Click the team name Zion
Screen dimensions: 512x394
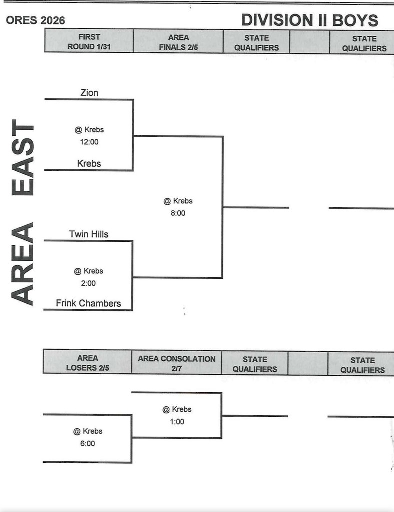click(x=89, y=93)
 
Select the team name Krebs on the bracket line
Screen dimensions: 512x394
click(x=89, y=164)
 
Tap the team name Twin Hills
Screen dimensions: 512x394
click(x=89, y=234)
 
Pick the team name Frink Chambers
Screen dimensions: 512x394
click(x=88, y=303)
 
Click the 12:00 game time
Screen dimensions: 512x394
click(x=89, y=142)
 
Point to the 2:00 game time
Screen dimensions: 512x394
click(x=88, y=283)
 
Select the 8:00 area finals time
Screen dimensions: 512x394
click(x=178, y=213)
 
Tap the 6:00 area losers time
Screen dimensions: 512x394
click(x=88, y=443)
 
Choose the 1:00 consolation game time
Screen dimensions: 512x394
click(x=177, y=421)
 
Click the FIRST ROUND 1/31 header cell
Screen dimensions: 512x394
click(x=89, y=41)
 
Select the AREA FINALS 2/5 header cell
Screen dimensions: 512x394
click(x=178, y=42)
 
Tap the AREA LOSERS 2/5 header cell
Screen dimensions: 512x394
click(x=88, y=363)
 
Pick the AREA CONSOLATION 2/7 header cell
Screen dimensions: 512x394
click(x=177, y=363)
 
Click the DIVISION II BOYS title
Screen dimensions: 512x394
click(x=310, y=20)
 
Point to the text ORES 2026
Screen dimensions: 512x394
click(x=35, y=21)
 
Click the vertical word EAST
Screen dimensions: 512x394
click(x=23, y=157)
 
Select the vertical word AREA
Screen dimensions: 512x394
click(x=23, y=264)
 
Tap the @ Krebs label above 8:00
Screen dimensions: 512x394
click(x=178, y=201)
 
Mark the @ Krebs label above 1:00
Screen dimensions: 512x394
click(x=177, y=409)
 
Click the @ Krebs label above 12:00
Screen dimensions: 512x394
click(x=89, y=130)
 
